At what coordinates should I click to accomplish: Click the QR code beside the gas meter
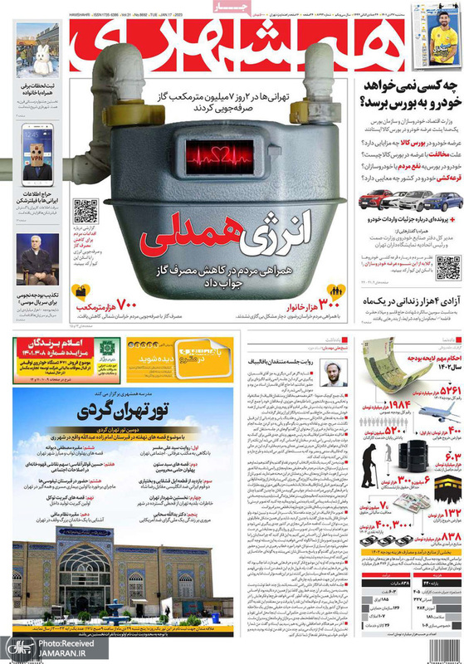pyautogui.click(x=85, y=211)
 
